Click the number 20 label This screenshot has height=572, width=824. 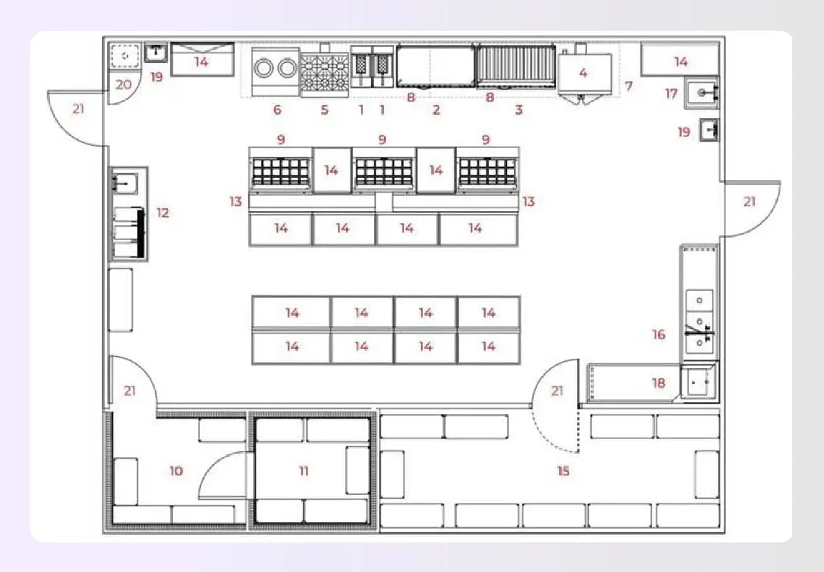124,84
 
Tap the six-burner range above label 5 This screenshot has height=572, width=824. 325,73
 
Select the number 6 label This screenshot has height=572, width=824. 277,110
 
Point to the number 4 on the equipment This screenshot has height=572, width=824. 583,73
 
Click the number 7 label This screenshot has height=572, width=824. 629,85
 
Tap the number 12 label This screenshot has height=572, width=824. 163,213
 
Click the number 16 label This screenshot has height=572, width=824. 659,335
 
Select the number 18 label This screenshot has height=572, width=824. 658,383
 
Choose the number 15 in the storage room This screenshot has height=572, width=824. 563,471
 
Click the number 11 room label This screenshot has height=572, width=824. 304,471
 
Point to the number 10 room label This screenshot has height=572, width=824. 177,471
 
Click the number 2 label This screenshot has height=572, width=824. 436,110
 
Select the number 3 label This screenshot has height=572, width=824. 519,110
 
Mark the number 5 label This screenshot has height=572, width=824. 325,110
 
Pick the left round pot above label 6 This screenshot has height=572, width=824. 265,68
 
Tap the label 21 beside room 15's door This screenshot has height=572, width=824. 557,391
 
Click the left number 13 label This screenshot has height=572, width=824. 236,202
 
